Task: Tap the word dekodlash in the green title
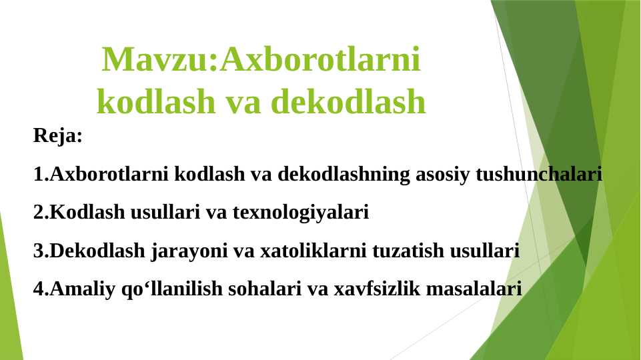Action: coord(348,102)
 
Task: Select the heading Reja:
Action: coord(58,137)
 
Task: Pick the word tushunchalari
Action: coord(538,175)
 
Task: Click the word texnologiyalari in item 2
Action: coord(300,213)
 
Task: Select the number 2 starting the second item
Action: coord(38,213)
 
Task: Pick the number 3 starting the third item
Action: coord(38,252)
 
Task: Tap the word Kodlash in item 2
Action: coord(79,213)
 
